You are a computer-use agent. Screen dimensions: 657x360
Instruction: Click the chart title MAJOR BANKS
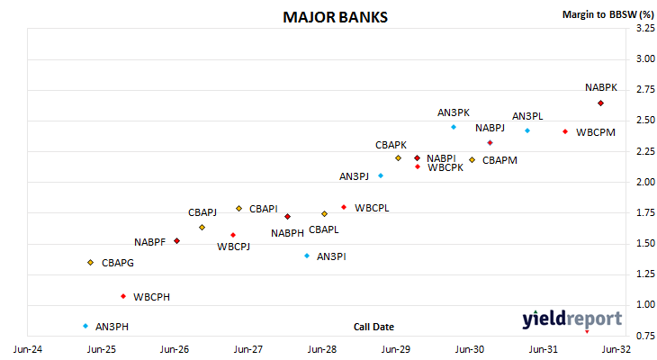pos(335,17)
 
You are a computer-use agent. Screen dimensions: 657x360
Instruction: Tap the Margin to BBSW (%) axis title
pos(608,14)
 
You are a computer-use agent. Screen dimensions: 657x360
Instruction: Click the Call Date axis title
pos(373,327)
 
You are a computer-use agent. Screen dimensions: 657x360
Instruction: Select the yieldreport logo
pos(571,319)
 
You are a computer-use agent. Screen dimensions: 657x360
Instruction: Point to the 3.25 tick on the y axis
pos(645,28)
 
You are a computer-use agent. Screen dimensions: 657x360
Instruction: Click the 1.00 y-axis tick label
pos(645,305)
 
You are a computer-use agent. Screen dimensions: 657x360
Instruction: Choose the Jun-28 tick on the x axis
pos(322,349)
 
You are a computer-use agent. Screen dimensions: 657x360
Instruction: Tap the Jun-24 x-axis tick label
pos(28,349)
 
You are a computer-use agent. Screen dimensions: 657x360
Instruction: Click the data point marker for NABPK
pos(600,103)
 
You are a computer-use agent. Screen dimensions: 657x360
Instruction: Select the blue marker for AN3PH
pos(85,326)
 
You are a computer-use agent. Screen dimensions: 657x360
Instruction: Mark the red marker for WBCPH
pos(123,296)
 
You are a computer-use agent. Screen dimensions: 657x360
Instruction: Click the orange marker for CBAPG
pos(91,263)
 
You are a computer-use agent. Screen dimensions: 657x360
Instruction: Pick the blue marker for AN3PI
pos(307,256)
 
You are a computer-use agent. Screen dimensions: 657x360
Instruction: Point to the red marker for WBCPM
pos(565,131)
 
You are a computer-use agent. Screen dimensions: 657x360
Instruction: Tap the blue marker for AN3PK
pos(454,127)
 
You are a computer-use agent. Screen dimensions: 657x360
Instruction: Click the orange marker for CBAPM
pos(472,159)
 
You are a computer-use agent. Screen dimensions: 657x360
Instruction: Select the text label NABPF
pos(149,242)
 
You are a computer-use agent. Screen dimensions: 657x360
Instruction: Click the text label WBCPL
pos(372,208)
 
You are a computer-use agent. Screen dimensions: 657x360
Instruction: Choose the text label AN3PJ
pos(354,176)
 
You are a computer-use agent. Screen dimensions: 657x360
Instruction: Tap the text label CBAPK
pos(391,145)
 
